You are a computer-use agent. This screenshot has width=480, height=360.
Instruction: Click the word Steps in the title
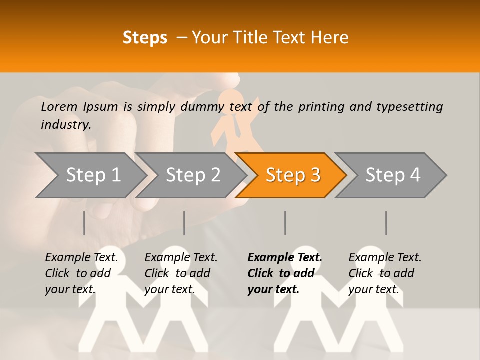(x=145, y=38)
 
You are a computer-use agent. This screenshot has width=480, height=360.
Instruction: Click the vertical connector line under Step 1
(x=84, y=223)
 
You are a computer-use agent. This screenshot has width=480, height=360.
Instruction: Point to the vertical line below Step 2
(x=184, y=223)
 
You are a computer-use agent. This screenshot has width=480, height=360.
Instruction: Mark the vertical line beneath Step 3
(x=285, y=223)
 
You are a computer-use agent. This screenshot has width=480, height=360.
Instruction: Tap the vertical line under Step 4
(x=386, y=223)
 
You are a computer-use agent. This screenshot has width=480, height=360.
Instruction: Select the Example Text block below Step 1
(x=81, y=273)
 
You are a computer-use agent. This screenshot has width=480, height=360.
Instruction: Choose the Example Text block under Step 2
(x=181, y=273)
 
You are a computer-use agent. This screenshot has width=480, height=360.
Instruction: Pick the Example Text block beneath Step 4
(x=385, y=273)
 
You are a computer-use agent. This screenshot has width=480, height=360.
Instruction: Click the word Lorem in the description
(x=59, y=106)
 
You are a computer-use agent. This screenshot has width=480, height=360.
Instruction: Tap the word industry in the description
(x=65, y=125)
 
